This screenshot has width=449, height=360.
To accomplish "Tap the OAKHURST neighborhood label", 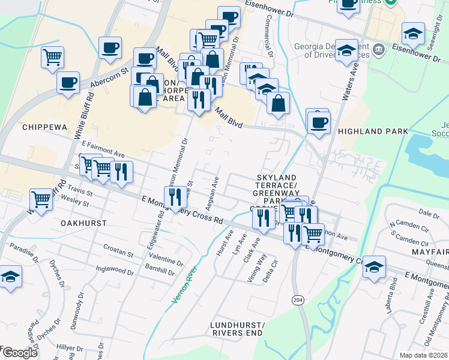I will coord(83,223).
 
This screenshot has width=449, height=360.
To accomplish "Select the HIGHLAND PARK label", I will coord(372,131).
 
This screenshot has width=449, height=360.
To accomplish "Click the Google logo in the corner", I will coord(19,353).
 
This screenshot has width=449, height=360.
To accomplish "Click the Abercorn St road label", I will coord(110,77).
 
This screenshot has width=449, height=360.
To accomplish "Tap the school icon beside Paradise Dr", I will coord(10,277).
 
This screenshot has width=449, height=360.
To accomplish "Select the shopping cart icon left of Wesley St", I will coord(41,199).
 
